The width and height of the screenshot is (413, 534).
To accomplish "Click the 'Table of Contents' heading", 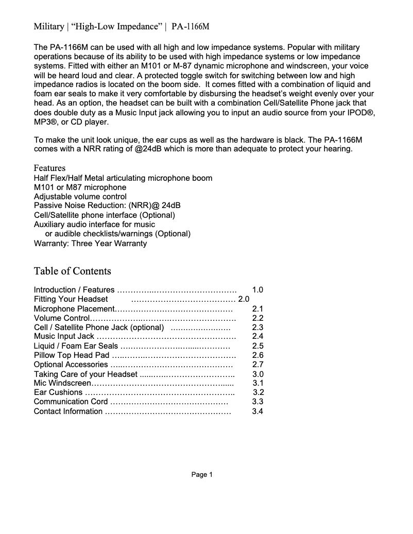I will pos(72,271).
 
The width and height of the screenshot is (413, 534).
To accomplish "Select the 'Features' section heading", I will pos(49,168).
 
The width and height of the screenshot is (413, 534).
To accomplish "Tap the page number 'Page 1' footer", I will pos(202,474).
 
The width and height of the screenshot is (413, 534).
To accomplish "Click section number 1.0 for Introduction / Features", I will pos(257,290).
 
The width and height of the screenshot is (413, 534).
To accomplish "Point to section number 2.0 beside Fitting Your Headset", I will pos(244,299).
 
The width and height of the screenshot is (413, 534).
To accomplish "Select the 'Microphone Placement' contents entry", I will pos(74,309).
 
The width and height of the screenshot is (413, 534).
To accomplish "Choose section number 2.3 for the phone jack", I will pos(257,328).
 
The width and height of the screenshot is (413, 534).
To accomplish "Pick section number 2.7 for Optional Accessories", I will pos(257,365).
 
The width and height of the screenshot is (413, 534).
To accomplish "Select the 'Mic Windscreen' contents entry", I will pos(62,383).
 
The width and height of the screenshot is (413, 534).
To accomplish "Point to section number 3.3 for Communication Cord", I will pos(257,402).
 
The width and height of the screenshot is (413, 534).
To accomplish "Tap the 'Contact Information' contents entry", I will pos(68,411).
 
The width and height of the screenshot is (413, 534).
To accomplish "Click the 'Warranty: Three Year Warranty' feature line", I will pos(90,243).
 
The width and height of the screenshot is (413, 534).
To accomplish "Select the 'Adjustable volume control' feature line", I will pos(80,197).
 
